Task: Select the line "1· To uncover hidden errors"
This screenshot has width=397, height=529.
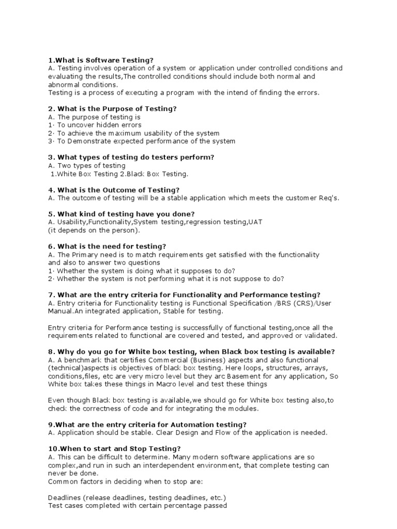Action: tap(95, 125)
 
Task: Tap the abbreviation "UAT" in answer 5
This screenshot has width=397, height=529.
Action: tap(256, 222)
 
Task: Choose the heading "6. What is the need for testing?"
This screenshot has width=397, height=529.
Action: tap(107, 246)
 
